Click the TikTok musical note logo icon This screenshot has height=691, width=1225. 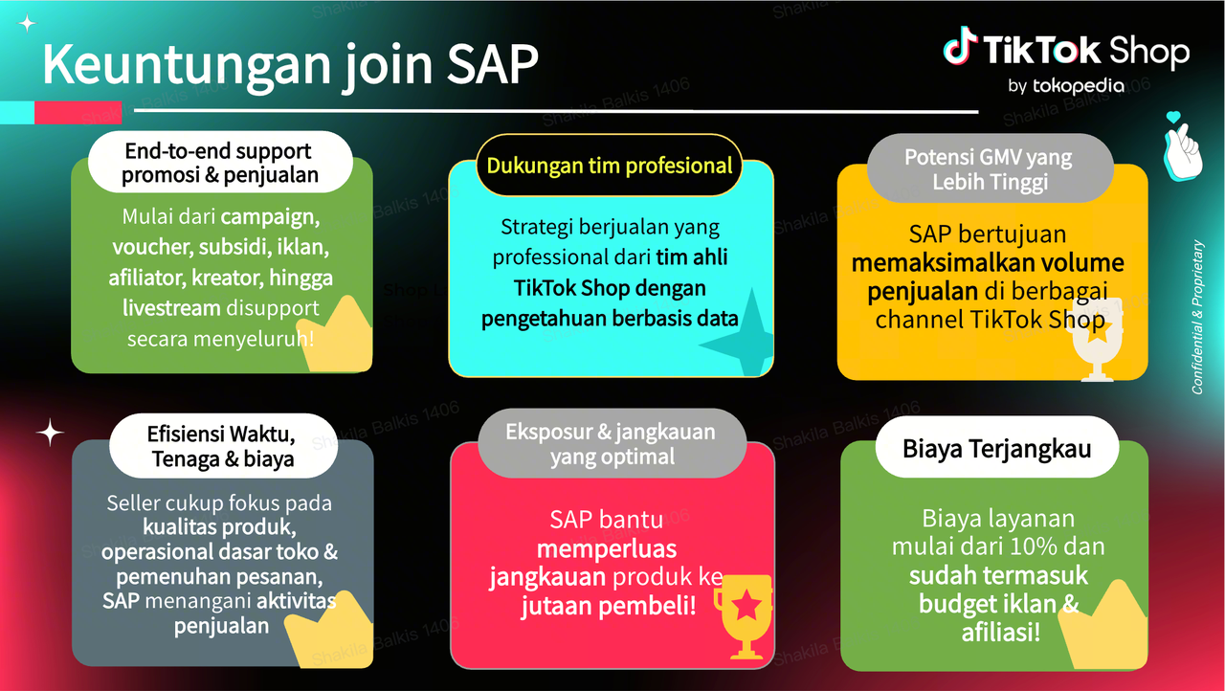pyautogui.click(x=960, y=47)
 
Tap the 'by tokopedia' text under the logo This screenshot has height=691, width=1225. pyautogui.click(x=1066, y=86)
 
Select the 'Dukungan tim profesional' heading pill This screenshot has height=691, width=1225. pyautogui.click(x=610, y=166)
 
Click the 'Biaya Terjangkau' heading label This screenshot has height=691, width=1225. pyautogui.click(x=997, y=448)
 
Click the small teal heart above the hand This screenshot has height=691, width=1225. pyautogui.click(x=1173, y=117)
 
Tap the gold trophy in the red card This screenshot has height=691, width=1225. pyautogui.click(x=745, y=616)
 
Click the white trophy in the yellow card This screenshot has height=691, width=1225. pyautogui.click(x=1097, y=340)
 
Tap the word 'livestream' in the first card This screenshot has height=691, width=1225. pyautogui.click(x=170, y=308)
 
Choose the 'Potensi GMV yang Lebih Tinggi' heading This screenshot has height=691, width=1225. pyautogui.click(x=990, y=169)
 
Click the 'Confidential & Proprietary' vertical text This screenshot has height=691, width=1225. pyautogui.click(x=1197, y=317)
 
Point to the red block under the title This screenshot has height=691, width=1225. pyautogui.click(x=78, y=112)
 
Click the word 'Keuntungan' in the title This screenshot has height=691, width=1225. pyautogui.click(x=187, y=64)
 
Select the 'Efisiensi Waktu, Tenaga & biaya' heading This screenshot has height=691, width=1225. pyautogui.click(x=223, y=446)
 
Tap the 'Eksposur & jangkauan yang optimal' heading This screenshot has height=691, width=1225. pyautogui.click(x=612, y=444)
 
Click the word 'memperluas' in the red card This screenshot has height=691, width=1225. pyautogui.click(x=607, y=548)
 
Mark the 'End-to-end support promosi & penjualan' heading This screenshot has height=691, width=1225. pyautogui.click(x=220, y=163)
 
